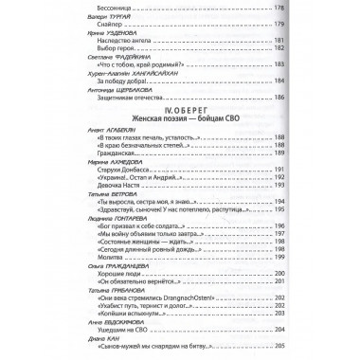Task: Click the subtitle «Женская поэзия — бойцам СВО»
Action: pos(178,171)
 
